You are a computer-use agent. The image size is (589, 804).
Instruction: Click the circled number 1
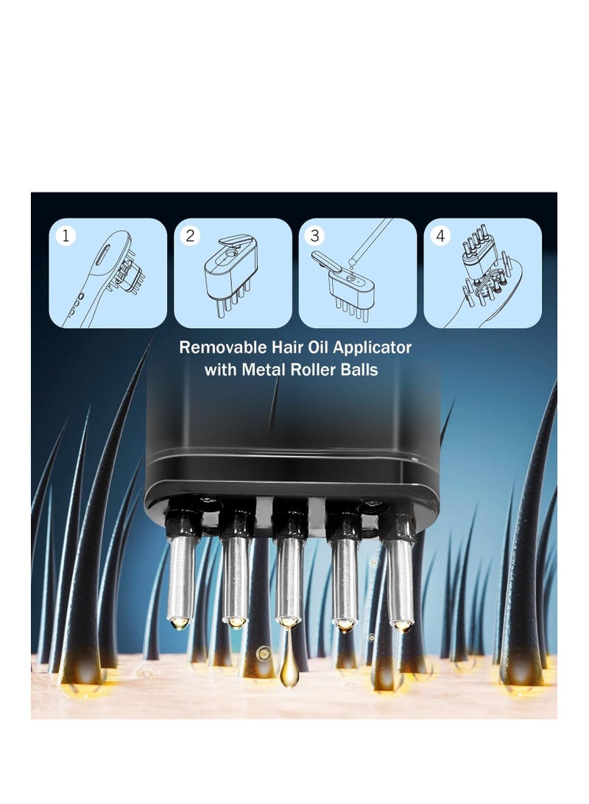coord(66,236)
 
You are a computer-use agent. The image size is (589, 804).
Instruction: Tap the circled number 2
coord(191,236)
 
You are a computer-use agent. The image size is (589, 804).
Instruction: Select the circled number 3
coord(315,236)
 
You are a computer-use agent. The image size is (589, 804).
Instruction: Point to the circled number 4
coord(440,236)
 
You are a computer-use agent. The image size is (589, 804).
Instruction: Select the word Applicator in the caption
coord(373,348)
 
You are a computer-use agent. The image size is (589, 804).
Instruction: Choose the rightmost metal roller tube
coord(401,578)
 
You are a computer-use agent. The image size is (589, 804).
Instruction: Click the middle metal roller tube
coord(289,578)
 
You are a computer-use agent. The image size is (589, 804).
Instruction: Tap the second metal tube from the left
coord(236,579)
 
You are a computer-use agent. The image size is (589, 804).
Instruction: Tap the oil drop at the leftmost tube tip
coord(179,623)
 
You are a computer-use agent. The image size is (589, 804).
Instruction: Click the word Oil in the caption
coord(314,347)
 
